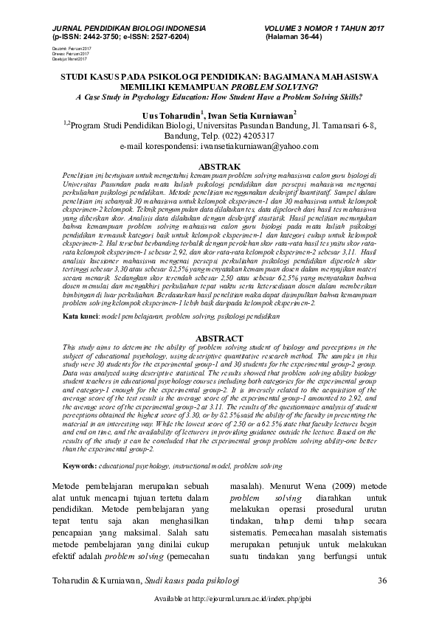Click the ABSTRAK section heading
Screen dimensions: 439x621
point(220,167)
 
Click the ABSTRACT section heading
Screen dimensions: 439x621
point(220,338)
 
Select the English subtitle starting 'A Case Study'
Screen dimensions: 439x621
point(219,96)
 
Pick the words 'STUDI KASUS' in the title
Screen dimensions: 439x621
point(89,75)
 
